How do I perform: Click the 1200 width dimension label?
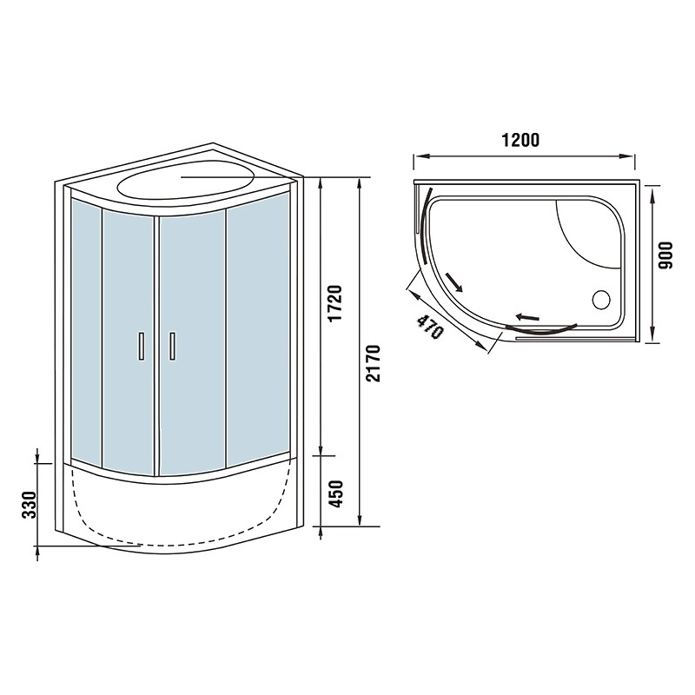(x=520, y=140)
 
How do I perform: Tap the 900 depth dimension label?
(x=665, y=255)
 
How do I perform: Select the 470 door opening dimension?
(x=430, y=328)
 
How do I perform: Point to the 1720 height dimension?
(x=335, y=303)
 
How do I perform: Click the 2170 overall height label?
(x=374, y=363)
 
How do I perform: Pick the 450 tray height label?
(x=335, y=493)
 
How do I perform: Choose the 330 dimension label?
(x=30, y=505)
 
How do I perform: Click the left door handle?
(x=141, y=345)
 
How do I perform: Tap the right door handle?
(x=172, y=345)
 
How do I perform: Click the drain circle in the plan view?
(x=601, y=299)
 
